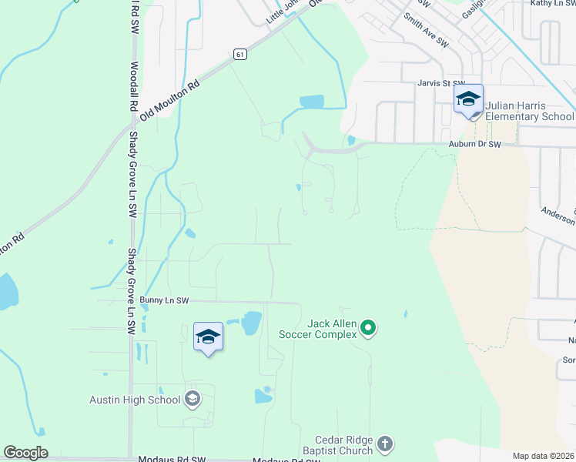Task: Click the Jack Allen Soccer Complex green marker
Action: pyautogui.click(x=368, y=329)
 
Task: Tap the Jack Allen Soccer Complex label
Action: pyautogui.click(x=332, y=329)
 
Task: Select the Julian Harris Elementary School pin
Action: pyautogui.click(x=468, y=102)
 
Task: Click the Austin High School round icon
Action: pyautogui.click(x=193, y=399)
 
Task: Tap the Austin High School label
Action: pyautogui.click(x=135, y=400)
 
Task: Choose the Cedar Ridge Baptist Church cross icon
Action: pyautogui.click(x=385, y=444)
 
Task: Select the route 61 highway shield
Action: pyautogui.click(x=240, y=54)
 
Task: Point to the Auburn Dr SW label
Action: pyautogui.click(x=474, y=144)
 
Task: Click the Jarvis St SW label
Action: pyautogui.click(x=441, y=83)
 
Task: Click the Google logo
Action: pyautogui.click(x=25, y=453)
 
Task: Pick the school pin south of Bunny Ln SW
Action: pyautogui.click(x=208, y=338)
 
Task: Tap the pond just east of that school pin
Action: pyautogui.click(x=251, y=323)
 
